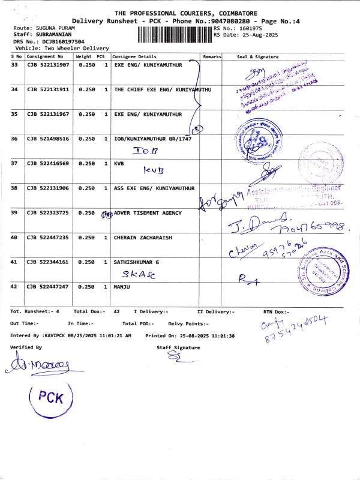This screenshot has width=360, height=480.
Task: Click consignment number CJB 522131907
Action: point(48,64)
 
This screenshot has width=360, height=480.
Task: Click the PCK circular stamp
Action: point(50,397)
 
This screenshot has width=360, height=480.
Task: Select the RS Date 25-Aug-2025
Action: point(247,35)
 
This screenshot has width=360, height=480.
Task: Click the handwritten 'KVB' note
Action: point(154,170)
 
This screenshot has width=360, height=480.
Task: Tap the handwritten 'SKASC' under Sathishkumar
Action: point(137,274)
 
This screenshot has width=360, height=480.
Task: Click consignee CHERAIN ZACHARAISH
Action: point(143,238)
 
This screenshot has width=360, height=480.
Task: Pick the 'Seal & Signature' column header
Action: point(258,56)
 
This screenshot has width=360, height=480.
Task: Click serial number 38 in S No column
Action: point(14,188)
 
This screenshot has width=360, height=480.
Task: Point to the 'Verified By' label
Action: point(26,347)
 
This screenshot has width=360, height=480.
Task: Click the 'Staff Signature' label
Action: point(178,347)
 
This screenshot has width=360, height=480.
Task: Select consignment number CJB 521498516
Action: point(48,139)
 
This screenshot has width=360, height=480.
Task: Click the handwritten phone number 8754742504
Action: point(296,332)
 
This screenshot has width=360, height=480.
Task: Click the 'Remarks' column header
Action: point(212,56)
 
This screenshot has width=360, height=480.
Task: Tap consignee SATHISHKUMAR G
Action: point(136,262)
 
